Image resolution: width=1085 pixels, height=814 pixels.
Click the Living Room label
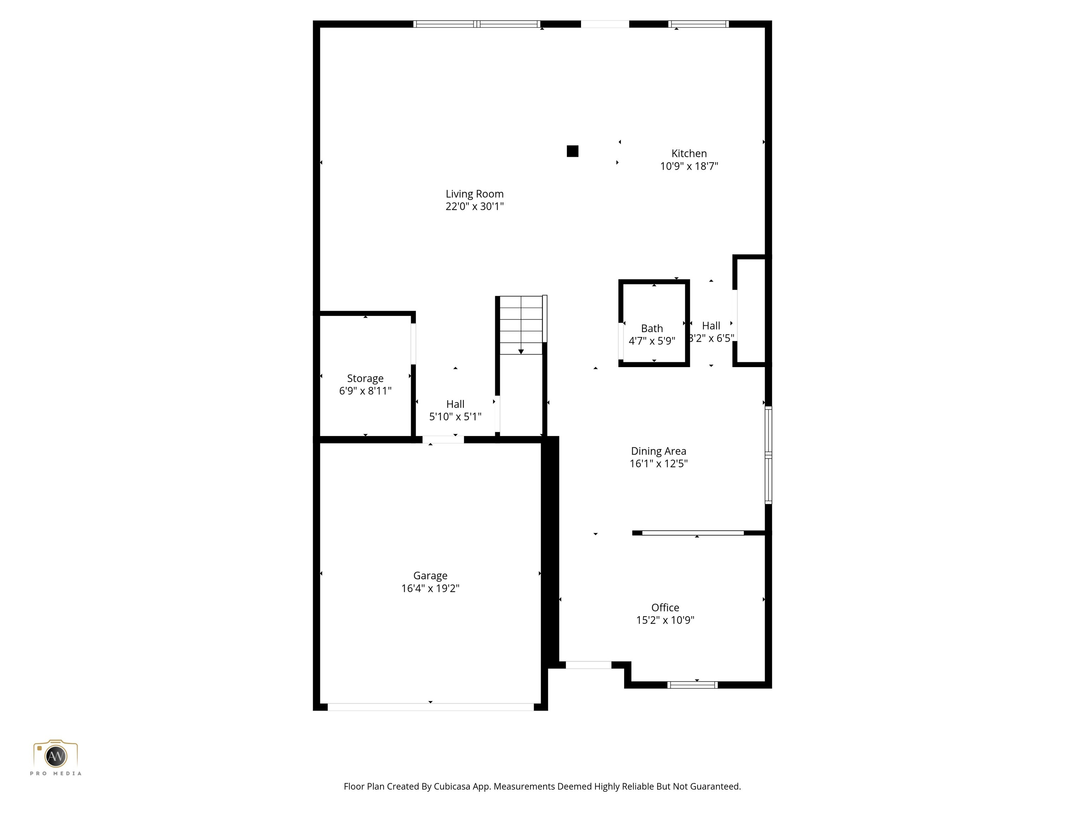[x=474, y=194]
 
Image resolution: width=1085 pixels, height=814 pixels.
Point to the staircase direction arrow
[x=521, y=351]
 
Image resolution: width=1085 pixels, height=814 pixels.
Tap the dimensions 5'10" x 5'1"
[x=455, y=417]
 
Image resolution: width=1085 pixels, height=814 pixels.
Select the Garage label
[x=430, y=576]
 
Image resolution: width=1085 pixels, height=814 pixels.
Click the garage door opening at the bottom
[x=430, y=707]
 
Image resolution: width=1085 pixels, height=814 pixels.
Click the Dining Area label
[x=658, y=451]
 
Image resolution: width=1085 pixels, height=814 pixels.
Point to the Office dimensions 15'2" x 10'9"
[x=665, y=620]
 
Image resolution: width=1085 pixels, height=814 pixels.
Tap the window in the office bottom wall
[x=693, y=685]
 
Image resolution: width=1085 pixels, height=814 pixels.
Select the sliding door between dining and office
[x=693, y=533]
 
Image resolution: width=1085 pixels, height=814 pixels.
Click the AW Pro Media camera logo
[x=55, y=756]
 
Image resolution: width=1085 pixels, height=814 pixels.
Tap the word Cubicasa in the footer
[x=452, y=786]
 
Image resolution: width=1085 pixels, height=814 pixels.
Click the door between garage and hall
[x=443, y=440]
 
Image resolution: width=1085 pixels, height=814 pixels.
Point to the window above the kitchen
[x=699, y=24]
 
